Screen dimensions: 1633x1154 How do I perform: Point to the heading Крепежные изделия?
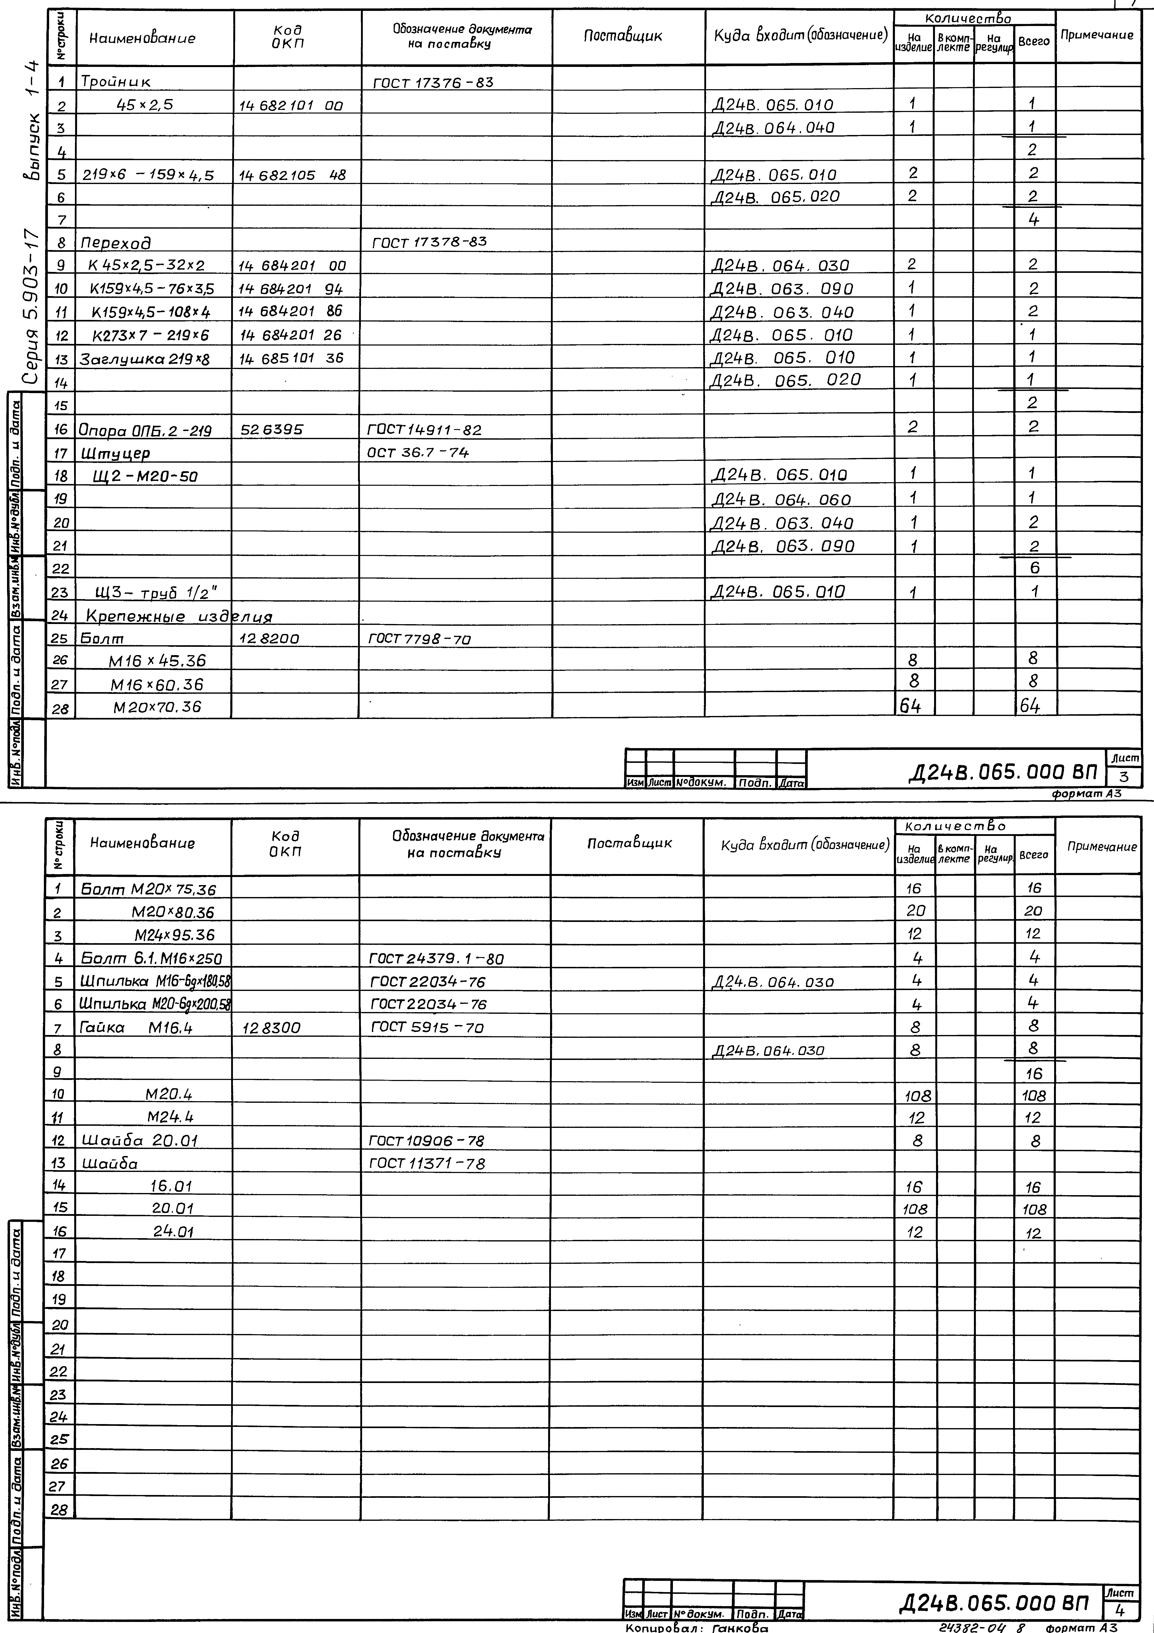pyautogui.click(x=179, y=616)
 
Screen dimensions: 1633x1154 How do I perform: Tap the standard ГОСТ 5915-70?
pyautogui.click(x=427, y=1027)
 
